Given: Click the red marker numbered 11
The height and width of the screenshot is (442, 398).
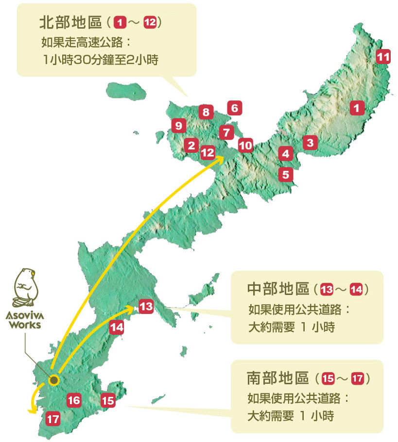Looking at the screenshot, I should [x=383, y=57].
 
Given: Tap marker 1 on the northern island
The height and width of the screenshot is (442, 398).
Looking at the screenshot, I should [x=357, y=108].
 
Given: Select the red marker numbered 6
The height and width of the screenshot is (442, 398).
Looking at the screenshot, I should [x=234, y=108].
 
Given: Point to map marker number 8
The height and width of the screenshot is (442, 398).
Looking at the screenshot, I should [x=206, y=113].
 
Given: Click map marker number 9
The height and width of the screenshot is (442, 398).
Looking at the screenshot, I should [x=179, y=126].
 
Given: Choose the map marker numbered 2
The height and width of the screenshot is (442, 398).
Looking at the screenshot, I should [x=191, y=145].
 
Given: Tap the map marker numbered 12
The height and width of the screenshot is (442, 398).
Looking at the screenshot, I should [x=208, y=152].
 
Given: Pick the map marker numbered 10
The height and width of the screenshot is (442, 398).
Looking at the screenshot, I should [x=246, y=145].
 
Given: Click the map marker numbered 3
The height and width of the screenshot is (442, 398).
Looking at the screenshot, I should [x=310, y=143].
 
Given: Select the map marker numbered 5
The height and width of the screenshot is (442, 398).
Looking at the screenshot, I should [x=285, y=174].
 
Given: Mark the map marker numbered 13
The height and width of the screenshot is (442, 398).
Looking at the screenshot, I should [x=146, y=307].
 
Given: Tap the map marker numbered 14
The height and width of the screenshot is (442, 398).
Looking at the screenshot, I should [x=117, y=327].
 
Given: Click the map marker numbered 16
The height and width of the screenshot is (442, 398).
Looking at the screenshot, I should [x=74, y=401].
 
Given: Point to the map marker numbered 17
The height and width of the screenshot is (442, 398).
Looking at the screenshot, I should [x=53, y=418].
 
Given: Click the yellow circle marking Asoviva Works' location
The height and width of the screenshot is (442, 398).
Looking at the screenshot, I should [x=54, y=380].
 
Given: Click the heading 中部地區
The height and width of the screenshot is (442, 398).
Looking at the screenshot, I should [x=278, y=289].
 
